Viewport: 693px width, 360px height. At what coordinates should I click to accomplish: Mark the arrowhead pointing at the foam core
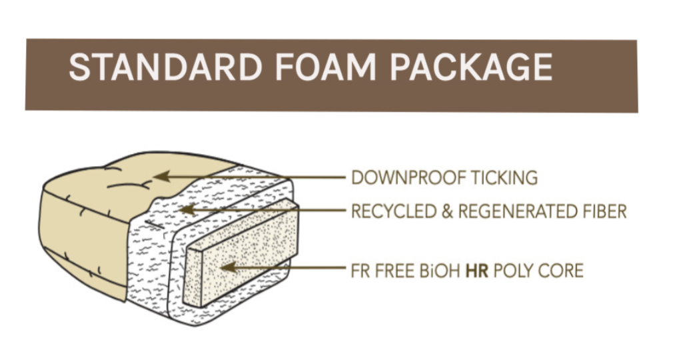coord(227,268)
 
